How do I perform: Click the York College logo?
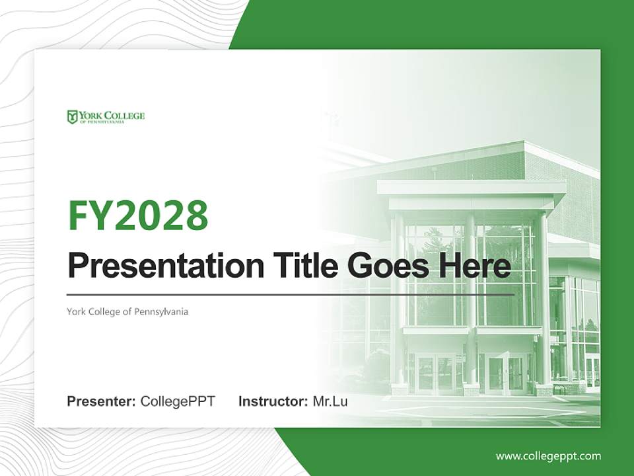click(106, 117)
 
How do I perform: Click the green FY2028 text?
click(138, 215)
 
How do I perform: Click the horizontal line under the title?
click(291, 294)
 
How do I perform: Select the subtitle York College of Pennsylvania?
click(127, 311)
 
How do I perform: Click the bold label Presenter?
click(102, 401)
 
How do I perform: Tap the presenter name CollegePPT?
click(178, 401)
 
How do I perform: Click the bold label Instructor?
click(273, 401)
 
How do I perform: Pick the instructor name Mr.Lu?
click(330, 401)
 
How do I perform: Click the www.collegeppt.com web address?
click(548, 456)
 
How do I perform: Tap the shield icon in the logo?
click(72, 117)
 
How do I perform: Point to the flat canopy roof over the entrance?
click(472, 188)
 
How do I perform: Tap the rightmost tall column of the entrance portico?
click(540, 297)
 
